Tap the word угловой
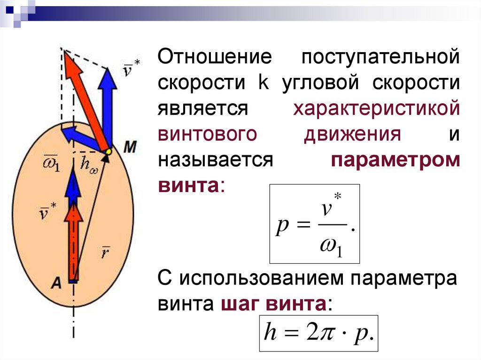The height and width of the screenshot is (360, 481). click(320, 83)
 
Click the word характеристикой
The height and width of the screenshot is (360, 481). click(376, 108)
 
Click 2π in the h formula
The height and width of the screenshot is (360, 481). click(317, 333)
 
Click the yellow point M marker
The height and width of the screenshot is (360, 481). click(108, 152)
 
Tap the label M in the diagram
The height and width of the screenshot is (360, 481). click(129, 147)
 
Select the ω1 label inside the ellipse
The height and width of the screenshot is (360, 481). click(48, 165)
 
